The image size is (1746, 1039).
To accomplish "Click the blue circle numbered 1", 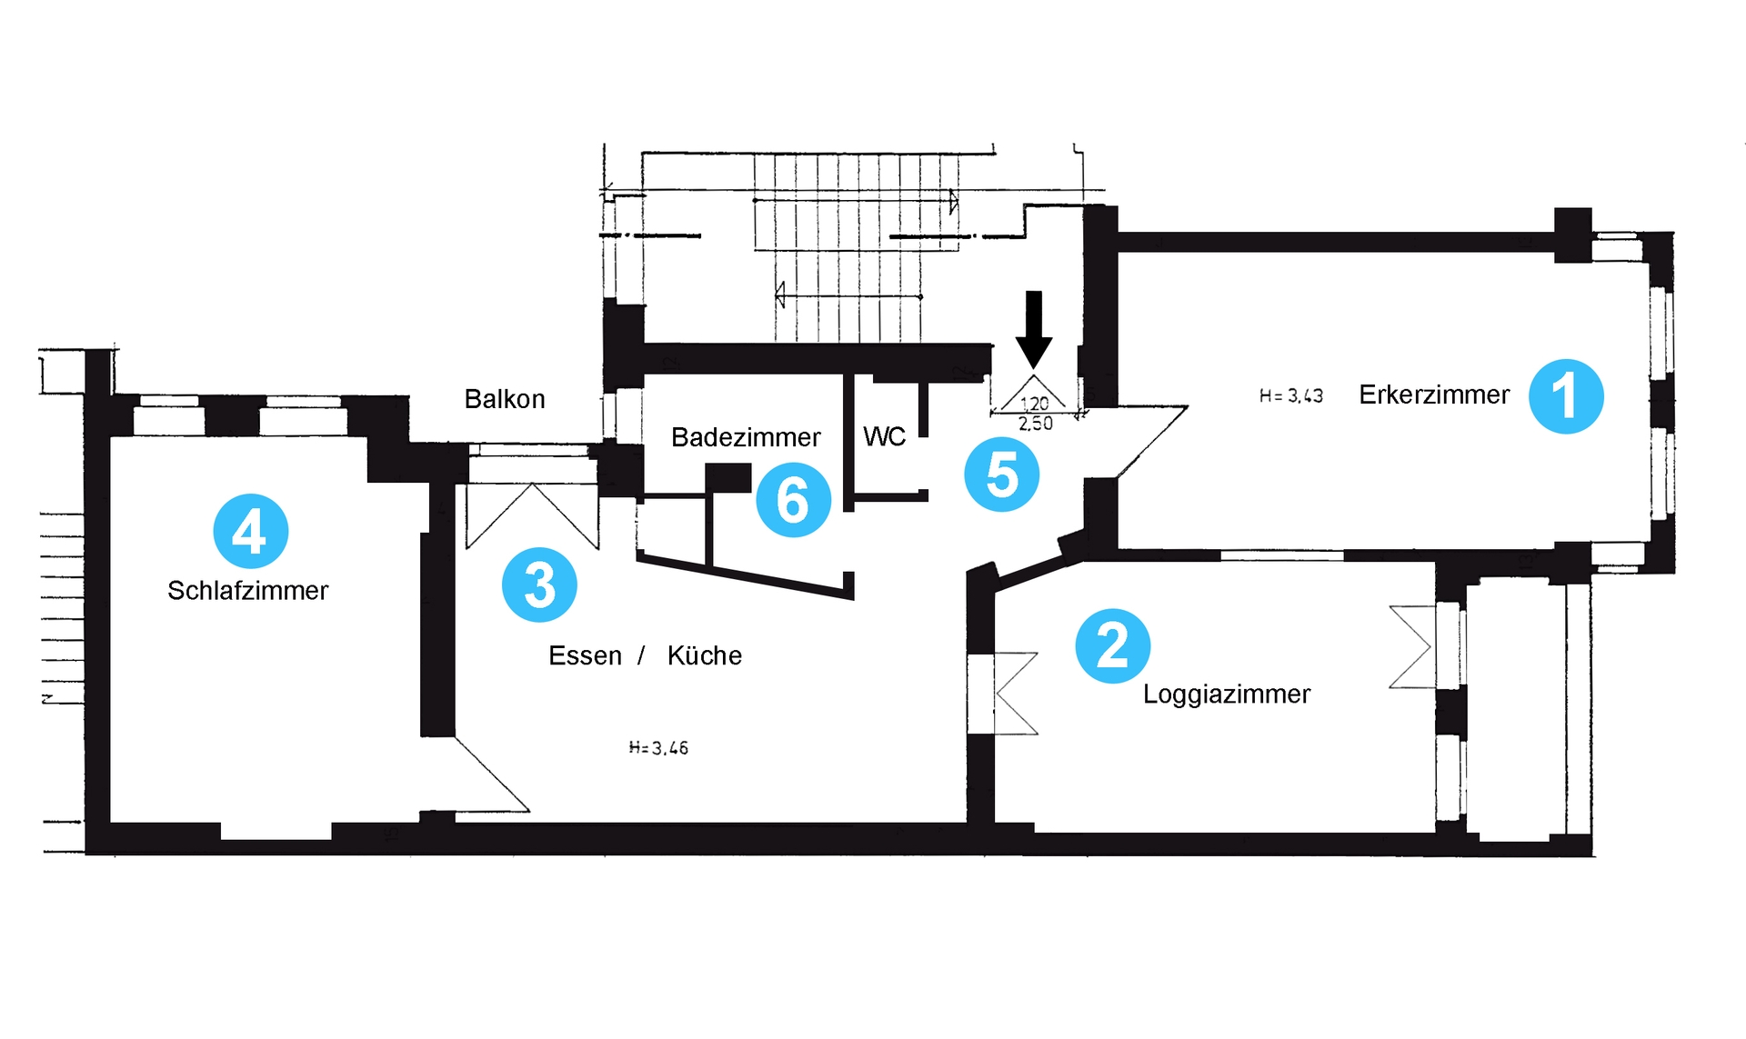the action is click(1566, 396).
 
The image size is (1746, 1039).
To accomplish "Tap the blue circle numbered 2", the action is click(1113, 646).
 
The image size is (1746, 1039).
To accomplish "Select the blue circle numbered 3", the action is click(539, 584).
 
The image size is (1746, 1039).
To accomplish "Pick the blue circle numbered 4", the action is click(251, 531).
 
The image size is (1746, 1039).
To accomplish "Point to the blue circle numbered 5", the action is click(1002, 474).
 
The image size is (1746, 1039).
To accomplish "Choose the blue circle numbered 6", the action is click(793, 499).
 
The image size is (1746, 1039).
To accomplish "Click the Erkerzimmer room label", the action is click(1434, 395).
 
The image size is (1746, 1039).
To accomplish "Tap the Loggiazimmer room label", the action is click(1227, 695).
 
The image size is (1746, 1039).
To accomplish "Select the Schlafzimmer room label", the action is click(247, 591).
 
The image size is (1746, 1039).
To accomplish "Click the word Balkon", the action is click(505, 399).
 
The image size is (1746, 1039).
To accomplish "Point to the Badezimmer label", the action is click(746, 437).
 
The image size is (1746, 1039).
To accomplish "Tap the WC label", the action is click(885, 437).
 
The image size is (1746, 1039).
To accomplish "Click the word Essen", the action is click(585, 655).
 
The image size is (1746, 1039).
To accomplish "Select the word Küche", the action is click(705, 655).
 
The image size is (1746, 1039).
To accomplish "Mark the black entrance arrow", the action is click(1034, 330).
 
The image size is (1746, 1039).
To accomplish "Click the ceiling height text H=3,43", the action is click(1291, 395).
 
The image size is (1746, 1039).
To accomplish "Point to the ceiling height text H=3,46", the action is click(659, 748).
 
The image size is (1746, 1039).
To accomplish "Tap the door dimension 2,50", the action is click(1036, 424).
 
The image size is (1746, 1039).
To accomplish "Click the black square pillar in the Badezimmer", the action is click(728, 478).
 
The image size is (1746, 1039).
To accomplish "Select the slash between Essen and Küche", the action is click(641, 655).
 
